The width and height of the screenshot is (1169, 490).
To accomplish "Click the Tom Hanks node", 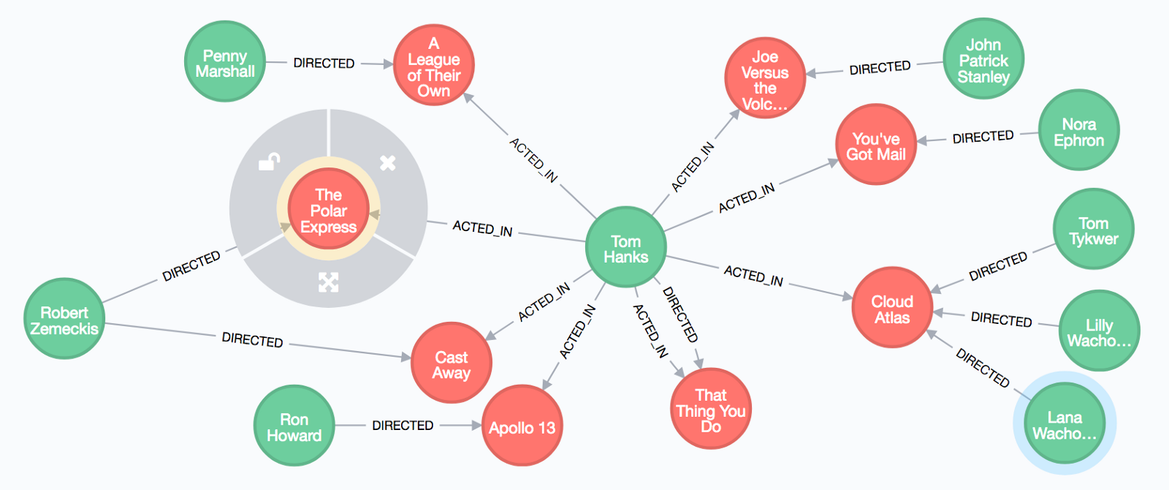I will pyautogui.click(x=625, y=248).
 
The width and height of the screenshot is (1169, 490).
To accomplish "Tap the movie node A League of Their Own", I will pyautogui.click(x=434, y=66).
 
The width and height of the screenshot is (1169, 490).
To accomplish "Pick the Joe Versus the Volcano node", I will pyautogui.click(x=765, y=78).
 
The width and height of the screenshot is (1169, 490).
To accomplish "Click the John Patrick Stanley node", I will pyautogui.click(x=983, y=59).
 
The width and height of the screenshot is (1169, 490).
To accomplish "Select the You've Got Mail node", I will pyautogui.click(x=875, y=145).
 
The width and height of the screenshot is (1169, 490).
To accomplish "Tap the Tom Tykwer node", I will pyautogui.click(x=1093, y=230).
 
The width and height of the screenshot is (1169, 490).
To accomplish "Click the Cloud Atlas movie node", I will pyautogui.click(x=892, y=308).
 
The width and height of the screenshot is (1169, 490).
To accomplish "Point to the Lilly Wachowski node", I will pyautogui.click(x=1099, y=331).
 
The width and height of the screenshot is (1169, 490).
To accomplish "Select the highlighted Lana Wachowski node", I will pyautogui.click(x=1065, y=423).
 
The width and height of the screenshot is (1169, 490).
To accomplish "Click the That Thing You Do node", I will pyautogui.click(x=711, y=409).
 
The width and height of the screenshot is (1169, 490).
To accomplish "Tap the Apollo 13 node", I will pyautogui.click(x=522, y=426).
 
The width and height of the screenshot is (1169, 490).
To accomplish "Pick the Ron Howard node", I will pyautogui.click(x=294, y=426).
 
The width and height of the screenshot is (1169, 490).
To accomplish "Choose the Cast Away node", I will pyautogui.click(x=452, y=363).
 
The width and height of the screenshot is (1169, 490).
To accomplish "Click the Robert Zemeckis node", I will pyautogui.click(x=64, y=319).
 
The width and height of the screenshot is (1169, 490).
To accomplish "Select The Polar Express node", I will pyautogui.click(x=328, y=209).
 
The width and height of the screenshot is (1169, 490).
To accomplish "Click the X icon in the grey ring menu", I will pyautogui.click(x=388, y=162).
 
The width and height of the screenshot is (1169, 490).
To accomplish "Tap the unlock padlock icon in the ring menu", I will pyautogui.click(x=270, y=161).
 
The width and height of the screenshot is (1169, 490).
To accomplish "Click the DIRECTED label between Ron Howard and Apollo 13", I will pyautogui.click(x=403, y=425).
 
